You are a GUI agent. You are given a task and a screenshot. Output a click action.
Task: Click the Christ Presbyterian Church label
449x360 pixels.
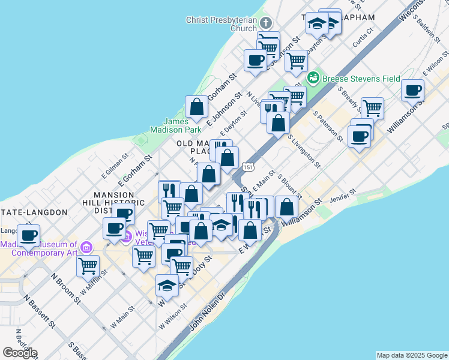point(221,24)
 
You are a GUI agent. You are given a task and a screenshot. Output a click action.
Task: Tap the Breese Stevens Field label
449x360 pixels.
point(361,78)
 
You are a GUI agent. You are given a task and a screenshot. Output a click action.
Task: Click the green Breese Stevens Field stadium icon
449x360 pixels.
point(313,78)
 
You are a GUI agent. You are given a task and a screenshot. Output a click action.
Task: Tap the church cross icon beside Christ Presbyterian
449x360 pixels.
point(266,23)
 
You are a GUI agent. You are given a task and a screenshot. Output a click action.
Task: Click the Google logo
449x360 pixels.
point(20,352)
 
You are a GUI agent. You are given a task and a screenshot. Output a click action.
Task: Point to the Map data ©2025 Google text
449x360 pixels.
point(412,355)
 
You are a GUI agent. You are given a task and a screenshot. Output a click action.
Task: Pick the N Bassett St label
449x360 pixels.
point(40,310)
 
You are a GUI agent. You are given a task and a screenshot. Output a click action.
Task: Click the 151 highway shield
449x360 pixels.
point(246,165)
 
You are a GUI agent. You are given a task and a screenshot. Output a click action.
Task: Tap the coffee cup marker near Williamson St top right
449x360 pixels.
point(412,91)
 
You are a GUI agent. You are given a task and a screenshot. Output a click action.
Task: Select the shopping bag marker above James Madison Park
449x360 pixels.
point(196,107)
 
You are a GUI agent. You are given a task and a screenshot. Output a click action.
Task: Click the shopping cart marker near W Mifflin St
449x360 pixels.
point(88,265)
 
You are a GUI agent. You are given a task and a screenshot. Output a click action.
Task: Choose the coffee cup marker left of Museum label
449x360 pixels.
point(29,235)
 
